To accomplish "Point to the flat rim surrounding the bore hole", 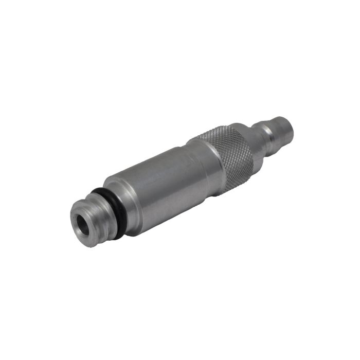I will [x=76, y=231].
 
